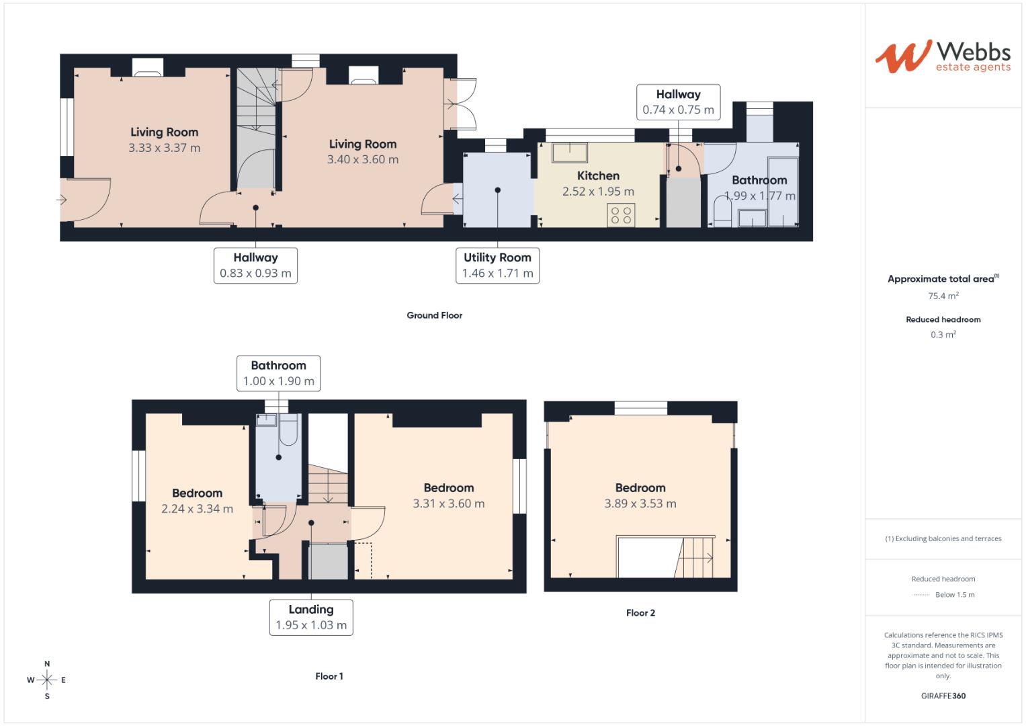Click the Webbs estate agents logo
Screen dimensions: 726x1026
pos(943,56)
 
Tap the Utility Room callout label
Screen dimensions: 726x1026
pos(497,266)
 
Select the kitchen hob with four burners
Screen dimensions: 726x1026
pos(621,215)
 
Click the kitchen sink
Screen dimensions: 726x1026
pos(569,153)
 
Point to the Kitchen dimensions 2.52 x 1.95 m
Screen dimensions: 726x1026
pos(598,192)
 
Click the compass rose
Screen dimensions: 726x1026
pos(47,680)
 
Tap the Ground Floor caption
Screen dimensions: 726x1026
pos(434,315)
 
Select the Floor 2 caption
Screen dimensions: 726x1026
pos(640,613)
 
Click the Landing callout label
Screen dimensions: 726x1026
pos(311,617)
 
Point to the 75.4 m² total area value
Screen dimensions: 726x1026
pos(943,296)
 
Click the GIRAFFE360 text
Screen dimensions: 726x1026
pos(943,696)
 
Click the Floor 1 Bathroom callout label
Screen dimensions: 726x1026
pos(278,373)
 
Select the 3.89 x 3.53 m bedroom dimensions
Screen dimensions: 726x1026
pos(640,503)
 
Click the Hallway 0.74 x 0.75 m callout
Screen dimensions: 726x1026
pos(678,102)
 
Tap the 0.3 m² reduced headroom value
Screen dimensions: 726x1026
pos(943,335)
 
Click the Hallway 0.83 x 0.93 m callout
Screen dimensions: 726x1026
pos(255,266)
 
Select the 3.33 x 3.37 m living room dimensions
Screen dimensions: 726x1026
pos(164,148)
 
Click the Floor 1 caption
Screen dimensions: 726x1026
pos(329,676)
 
